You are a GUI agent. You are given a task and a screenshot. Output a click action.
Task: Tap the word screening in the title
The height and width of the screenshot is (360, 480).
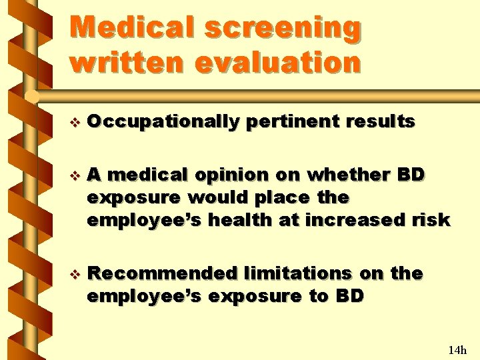(283, 28)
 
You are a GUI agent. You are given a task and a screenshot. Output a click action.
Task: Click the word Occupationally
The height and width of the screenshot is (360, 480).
(163, 122)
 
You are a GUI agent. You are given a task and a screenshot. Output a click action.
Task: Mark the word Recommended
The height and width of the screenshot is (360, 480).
(163, 274)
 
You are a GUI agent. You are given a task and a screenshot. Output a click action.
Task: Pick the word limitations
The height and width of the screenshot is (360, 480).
(298, 274)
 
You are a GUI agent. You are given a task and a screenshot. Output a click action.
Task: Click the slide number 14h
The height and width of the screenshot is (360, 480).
(457, 349)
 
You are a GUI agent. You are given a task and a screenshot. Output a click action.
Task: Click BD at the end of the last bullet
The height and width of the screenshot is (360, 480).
(351, 295)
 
